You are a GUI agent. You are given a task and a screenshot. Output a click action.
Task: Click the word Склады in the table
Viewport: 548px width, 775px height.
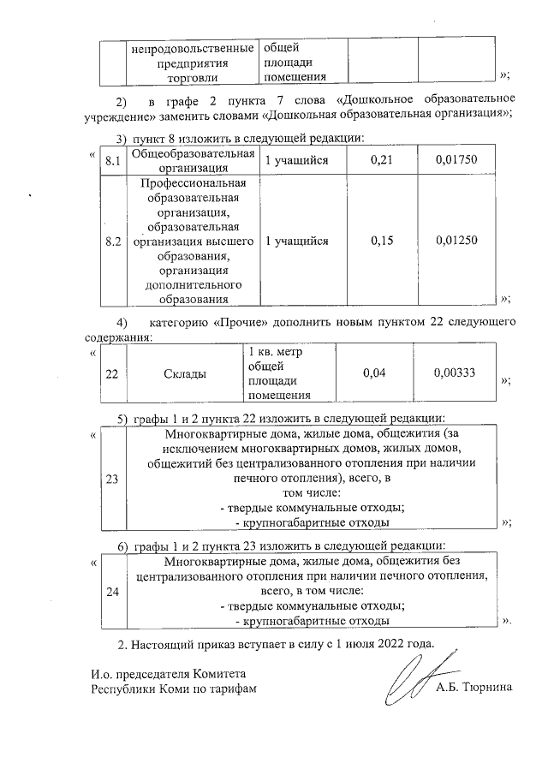(x=184, y=373)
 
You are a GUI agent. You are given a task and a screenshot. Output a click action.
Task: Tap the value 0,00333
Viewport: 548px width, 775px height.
(x=455, y=373)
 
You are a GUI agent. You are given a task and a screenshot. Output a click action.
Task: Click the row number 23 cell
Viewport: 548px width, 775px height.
(x=113, y=480)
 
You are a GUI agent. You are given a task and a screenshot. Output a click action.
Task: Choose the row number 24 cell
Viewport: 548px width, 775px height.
(x=113, y=590)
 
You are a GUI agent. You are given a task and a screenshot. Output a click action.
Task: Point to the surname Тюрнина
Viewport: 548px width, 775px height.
(x=485, y=688)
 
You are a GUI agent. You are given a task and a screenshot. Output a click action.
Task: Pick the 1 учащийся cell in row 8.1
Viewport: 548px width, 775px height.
(x=297, y=161)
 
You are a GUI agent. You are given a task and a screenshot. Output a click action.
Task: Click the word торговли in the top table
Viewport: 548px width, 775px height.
(x=193, y=78)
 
